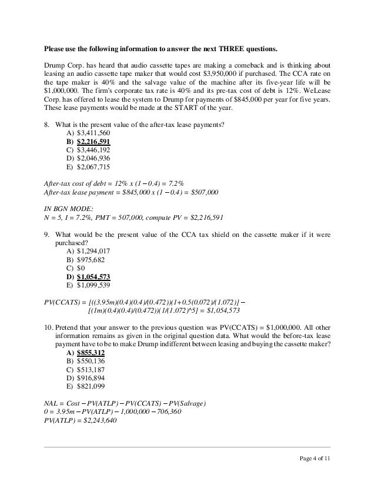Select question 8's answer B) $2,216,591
click(89, 142)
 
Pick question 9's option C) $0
click(77, 268)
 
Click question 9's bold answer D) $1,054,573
click(89, 276)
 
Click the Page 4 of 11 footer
click(315, 459)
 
